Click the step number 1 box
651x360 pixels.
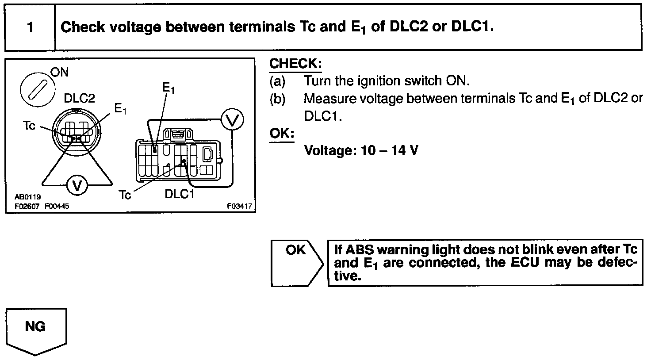point(30,27)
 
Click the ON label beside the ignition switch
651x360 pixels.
point(59,72)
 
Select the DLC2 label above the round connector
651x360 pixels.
point(79,98)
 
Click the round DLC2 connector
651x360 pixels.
point(77,131)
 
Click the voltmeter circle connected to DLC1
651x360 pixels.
point(232,119)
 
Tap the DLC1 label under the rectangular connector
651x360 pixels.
point(179,194)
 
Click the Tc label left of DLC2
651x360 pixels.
point(29,126)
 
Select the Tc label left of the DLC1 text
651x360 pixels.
point(125,195)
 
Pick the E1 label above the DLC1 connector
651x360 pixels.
point(168,88)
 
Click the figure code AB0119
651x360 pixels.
point(27,197)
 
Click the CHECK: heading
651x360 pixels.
point(295,64)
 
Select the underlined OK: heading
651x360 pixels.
point(282,133)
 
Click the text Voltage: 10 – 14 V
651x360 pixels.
point(361,151)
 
